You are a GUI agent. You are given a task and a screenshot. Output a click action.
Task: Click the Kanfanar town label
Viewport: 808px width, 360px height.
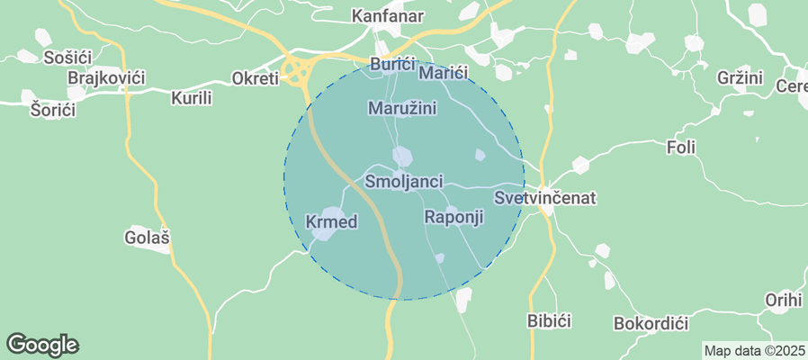click(387, 16)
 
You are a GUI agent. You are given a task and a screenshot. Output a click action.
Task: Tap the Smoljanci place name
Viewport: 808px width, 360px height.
click(404, 182)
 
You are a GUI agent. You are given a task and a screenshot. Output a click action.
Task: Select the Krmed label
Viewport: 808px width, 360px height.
click(332, 221)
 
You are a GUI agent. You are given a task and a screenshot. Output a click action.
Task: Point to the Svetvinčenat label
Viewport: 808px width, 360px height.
click(545, 197)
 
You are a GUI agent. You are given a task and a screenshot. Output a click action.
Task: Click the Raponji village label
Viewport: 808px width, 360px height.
click(453, 217)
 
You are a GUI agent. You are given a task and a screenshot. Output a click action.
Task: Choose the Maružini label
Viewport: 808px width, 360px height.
click(402, 108)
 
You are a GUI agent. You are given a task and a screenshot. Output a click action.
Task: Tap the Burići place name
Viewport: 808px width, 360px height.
click(392, 65)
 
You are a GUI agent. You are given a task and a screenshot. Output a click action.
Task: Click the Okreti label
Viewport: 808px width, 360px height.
click(256, 77)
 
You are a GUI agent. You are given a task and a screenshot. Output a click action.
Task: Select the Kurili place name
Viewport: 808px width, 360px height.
click(191, 97)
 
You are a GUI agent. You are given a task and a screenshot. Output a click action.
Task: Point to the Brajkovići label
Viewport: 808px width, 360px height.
click(106, 78)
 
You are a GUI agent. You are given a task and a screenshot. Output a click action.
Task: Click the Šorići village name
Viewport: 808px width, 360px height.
click(53, 110)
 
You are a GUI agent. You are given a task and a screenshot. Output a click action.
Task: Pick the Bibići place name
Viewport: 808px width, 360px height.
click(549, 320)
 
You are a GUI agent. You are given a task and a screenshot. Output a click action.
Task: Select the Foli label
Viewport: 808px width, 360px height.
click(682, 147)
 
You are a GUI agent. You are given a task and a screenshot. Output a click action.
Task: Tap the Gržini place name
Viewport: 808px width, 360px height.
click(740, 77)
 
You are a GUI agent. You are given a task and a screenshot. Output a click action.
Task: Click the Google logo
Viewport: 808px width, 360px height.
click(42, 344)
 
